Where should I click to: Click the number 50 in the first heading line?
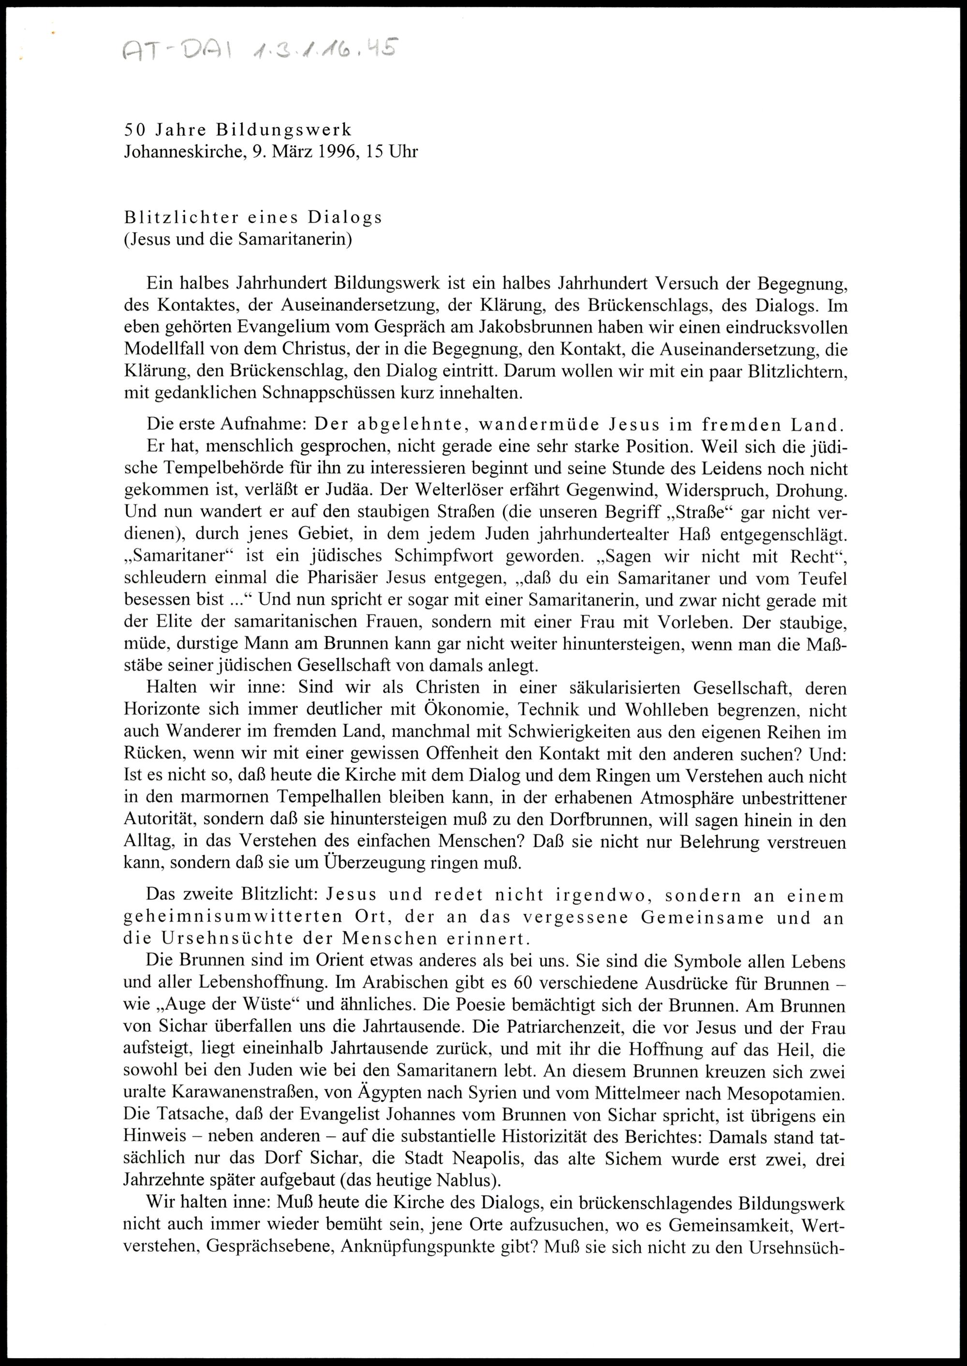pyautogui.click(x=132, y=129)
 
